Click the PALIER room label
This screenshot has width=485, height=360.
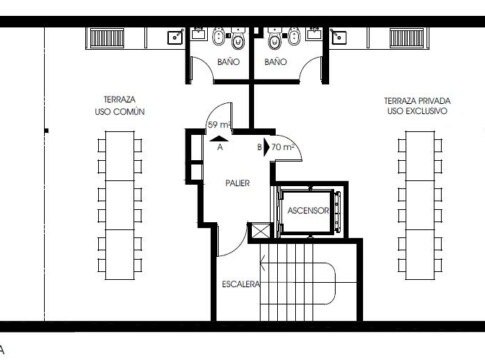click(237, 183)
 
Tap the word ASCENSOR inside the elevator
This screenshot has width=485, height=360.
click(308, 211)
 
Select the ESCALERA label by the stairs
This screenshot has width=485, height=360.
click(241, 284)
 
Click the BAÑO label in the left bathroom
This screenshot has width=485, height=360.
click(228, 62)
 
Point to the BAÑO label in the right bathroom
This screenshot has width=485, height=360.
click(275, 62)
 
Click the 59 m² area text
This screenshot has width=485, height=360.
click(219, 125)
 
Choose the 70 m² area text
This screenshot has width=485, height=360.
click(282, 147)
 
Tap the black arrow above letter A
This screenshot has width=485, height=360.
click(219, 139)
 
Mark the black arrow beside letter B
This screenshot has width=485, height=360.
click(266, 147)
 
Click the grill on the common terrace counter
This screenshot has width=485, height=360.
click(107, 38)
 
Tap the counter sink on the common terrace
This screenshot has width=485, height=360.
click(175, 37)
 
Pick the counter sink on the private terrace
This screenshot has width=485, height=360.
click(339, 37)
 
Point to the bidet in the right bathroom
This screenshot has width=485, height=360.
click(294, 36)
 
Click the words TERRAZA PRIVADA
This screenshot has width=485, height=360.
click(417, 101)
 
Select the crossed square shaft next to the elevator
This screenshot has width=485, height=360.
click(260, 231)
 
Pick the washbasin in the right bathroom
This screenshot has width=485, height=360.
click(314, 34)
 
